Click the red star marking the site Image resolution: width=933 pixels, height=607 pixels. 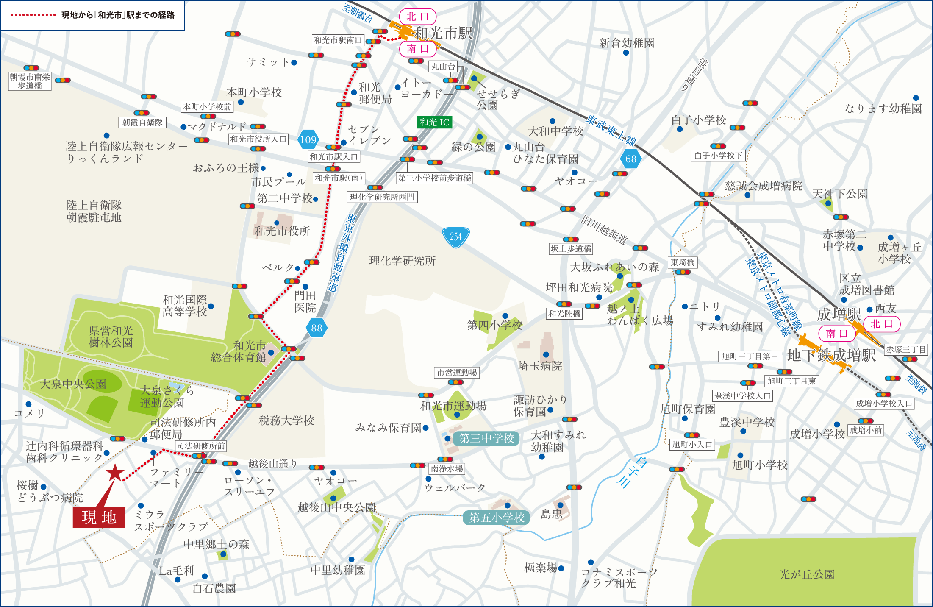(x=115, y=472)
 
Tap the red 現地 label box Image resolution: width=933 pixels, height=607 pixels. (x=99, y=517)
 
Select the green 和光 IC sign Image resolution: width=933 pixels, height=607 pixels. (x=434, y=123)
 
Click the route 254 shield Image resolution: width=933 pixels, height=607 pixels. (x=455, y=237)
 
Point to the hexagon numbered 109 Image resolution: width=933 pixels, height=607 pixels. (x=308, y=139)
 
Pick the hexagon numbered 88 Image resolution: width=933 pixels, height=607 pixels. (x=317, y=328)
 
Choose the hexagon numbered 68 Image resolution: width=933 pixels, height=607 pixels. (x=630, y=159)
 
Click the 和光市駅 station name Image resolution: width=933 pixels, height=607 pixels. (x=443, y=33)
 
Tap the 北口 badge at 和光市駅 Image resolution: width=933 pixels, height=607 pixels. (x=418, y=17)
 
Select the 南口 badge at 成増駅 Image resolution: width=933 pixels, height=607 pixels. (x=837, y=333)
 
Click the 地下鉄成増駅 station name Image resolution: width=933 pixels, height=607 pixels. (x=831, y=355)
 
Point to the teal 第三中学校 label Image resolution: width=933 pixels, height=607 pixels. (x=486, y=438)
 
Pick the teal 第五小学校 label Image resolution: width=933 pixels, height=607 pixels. (x=497, y=517)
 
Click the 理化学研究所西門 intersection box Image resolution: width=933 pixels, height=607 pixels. (x=382, y=197)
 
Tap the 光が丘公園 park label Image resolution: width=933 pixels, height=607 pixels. (x=807, y=574)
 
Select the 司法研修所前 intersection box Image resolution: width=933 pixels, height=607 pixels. (x=201, y=446)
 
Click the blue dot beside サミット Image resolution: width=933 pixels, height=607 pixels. (x=294, y=63)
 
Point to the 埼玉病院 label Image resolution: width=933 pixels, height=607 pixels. (x=540, y=366)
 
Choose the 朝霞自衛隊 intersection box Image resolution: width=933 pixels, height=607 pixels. (x=142, y=123)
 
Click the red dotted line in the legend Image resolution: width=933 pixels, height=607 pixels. (x=33, y=15)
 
